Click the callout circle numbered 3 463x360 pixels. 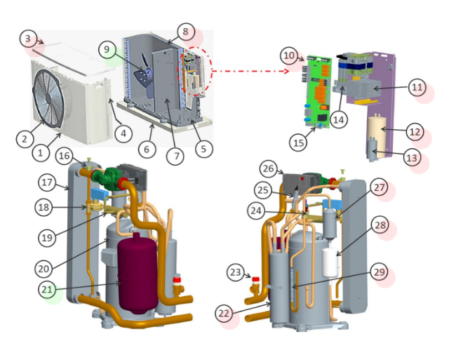pyautogui.click(x=28, y=39)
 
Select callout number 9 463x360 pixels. pyautogui.click(x=107, y=49)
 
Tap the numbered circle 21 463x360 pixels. pyautogui.click(x=47, y=289)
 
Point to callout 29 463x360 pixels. pyautogui.click(x=379, y=272)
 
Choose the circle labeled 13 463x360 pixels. pyautogui.click(x=412, y=157)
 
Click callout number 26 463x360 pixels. pyautogui.click(x=269, y=168)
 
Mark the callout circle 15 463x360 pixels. pyautogui.click(x=298, y=142)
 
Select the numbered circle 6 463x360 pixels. pyautogui.click(x=147, y=149)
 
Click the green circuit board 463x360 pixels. pyautogui.click(x=317, y=92)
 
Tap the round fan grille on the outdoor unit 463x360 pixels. pyautogui.click(x=48, y=98)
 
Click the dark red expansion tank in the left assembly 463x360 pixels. pyautogui.click(x=137, y=273)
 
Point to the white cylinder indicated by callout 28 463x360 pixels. pyautogui.click(x=330, y=262)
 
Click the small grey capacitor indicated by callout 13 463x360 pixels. pyautogui.click(x=372, y=149)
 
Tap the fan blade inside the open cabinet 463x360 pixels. pyautogui.click(x=144, y=76)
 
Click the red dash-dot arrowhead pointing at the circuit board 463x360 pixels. pyautogui.click(x=286, y=71)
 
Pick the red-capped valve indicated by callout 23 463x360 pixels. pyautogui.click(x=255, y=286)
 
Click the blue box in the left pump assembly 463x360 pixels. pyautogui.click(x=100, y=194)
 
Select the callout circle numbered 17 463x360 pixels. pyautogui.click(x=47, y=182)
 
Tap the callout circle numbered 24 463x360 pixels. pyautogui.click(x=256, y=211)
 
